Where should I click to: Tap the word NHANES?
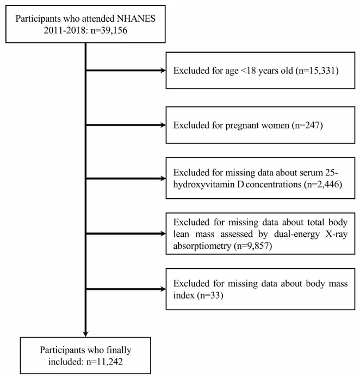click(136, 18)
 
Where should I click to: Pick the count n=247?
click(306, 125)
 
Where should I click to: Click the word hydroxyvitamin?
click(204, 185)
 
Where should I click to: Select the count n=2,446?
click(322, 185)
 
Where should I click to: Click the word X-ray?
click(336, 234)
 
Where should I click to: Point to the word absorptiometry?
click(202, 246)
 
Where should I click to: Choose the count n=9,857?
click(252, 246)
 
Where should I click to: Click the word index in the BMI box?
click(184, 295)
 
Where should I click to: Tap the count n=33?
click(210, 295)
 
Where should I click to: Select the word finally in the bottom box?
click(119, 350)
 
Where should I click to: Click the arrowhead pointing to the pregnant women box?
click(163, 125)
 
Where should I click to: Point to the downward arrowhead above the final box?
click(85, 334)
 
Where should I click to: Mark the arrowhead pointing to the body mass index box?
click(163, 289)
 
